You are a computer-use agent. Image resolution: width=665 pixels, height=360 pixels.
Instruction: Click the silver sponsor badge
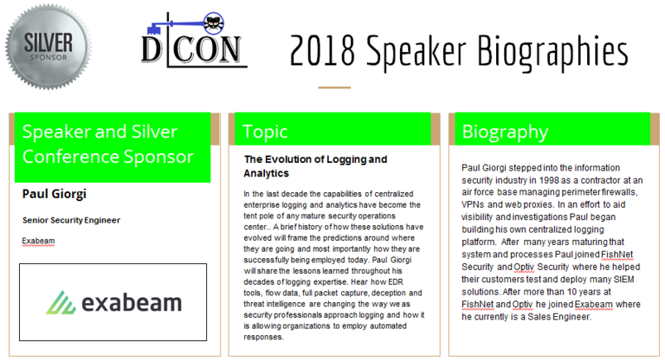[48, 46]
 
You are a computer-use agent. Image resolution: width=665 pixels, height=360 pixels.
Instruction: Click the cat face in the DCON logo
[214, 23]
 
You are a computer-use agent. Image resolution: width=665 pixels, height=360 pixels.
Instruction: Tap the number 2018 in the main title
[322, 50]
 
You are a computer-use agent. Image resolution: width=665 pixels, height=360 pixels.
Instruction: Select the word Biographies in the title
[553, 53]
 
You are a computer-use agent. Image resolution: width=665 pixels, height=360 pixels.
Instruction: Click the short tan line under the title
[335, 88]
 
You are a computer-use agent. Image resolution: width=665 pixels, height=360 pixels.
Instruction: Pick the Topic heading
[265, 132]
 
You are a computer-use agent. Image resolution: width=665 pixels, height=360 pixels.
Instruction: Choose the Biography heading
[505, 132]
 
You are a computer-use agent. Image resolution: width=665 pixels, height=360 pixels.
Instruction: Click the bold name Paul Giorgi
[55, 194]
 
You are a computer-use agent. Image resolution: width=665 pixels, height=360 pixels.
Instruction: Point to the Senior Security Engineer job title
[71, 220]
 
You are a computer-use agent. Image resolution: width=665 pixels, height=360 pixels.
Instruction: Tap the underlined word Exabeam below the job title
[38, 242]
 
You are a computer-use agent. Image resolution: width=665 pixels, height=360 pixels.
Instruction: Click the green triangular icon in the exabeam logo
[60, 302]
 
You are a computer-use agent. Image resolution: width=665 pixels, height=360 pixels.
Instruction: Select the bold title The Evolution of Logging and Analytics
[316, 166]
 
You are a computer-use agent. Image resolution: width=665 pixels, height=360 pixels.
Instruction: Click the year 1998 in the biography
[550, 180]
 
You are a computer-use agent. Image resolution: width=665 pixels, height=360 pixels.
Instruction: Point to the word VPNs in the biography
[473, 204]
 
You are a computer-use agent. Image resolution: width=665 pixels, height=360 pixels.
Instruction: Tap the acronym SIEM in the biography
[624, 280]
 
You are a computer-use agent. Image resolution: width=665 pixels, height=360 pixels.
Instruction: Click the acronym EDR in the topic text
[395, 282]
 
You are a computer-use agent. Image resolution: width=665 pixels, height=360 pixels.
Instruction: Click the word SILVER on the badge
[48, 43]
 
